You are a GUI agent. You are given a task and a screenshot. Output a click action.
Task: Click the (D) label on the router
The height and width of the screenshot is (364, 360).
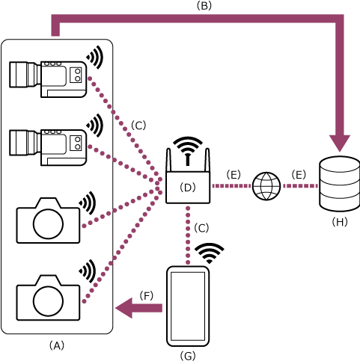point(187,188)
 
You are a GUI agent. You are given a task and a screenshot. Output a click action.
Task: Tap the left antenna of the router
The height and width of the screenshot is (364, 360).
point(168,161)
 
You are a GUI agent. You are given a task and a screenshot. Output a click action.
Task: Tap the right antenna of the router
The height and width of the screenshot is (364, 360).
point(207,161)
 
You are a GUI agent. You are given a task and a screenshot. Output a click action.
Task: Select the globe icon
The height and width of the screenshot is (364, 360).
point(266,186)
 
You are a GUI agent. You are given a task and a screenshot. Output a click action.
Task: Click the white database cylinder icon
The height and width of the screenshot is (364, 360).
point(340,184)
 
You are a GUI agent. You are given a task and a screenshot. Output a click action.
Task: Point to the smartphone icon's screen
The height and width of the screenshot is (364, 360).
point(188,306)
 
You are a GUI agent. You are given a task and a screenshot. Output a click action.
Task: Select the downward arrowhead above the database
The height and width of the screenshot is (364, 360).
point(340,143)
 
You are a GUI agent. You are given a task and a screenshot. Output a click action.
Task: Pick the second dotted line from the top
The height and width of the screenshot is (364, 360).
point(123,162)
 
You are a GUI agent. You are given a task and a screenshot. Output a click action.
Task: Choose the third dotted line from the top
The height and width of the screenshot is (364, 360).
point(120,208)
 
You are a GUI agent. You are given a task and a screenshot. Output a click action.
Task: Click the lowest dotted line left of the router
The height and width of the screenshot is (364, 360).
point(120,247)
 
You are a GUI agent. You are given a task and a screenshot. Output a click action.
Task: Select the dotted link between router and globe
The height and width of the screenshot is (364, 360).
point(231,186)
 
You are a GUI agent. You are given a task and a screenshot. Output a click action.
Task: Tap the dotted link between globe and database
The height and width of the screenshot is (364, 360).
point(300,186)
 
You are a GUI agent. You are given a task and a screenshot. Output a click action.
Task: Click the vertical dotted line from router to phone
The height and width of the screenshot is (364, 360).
point(188,235)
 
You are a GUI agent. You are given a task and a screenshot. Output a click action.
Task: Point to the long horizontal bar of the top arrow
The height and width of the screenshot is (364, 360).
point(195,19)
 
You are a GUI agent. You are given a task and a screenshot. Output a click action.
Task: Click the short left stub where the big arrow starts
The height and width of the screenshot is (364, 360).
point(55,28)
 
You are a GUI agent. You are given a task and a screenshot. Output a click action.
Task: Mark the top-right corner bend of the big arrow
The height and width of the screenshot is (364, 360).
point(339,19)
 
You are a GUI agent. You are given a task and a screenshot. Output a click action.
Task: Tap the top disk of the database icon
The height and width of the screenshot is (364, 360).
point(340,164)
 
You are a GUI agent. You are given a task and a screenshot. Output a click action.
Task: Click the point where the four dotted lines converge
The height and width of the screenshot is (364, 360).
point(159,184)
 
